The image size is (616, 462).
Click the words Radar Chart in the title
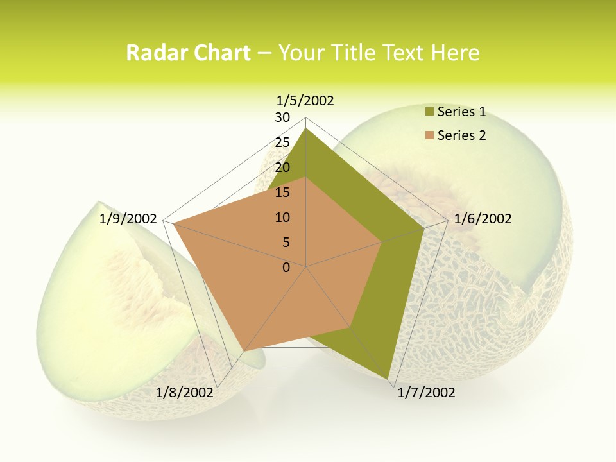coord(188,53)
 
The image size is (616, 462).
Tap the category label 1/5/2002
coord(305,101)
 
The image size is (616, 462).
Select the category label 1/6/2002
coord(483,219)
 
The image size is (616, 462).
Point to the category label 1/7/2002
coord(426,393)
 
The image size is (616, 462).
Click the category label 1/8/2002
coord(185,393)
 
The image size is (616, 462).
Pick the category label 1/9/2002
coord(128,219)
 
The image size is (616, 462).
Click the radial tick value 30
coord(282,117)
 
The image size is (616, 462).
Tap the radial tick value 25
coord(282,142)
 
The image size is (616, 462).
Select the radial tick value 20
coord(282,167)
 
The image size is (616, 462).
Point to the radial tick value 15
coord(282,193)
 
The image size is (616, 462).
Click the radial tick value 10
coord(282,218)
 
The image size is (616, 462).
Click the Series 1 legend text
coord(461,112)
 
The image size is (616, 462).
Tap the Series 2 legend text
coord(461,135)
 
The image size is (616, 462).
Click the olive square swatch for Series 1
coord(429,112)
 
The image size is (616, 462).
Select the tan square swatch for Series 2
coord(429,135)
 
